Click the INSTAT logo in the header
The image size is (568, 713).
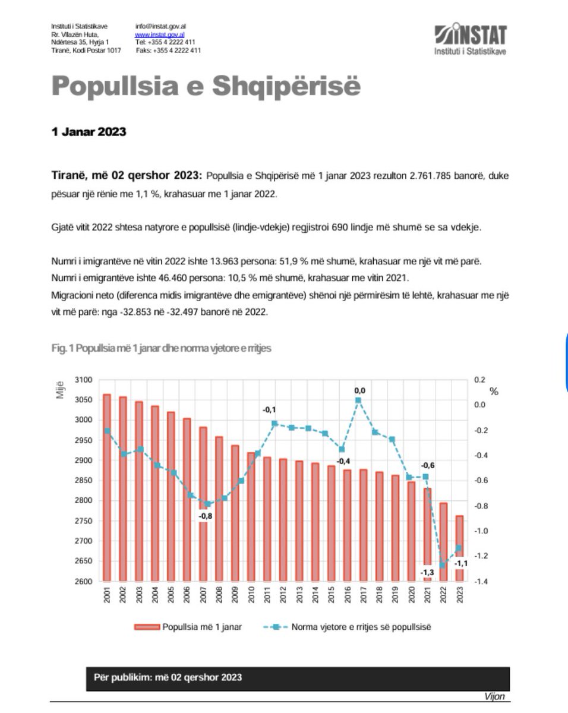point(470,39)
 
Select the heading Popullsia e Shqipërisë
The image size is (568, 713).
point(206,87)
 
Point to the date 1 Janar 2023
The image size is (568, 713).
point(89,132)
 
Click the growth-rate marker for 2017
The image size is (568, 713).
point(358,400)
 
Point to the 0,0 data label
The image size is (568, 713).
point(359,390)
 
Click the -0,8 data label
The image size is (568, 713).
point(205,516)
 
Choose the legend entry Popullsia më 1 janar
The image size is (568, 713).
point(188,627)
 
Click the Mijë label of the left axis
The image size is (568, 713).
point(61,390)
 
